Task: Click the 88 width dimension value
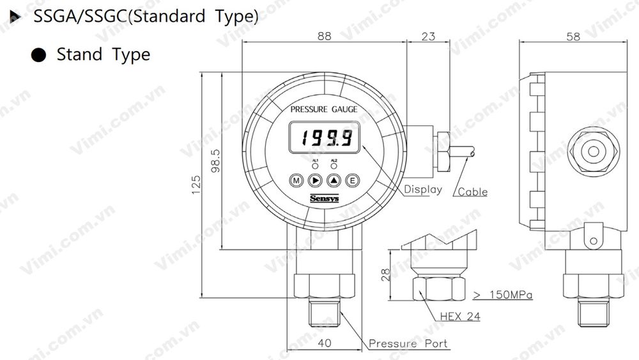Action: tap(325, 36)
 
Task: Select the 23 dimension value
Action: tap(428, 36)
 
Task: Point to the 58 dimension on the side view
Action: tap(573, 36)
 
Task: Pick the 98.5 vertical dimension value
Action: tap(215, 162)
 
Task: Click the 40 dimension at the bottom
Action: tap(324, 343)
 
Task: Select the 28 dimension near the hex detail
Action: tap(385, 275)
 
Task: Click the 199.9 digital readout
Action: tap(324, 138)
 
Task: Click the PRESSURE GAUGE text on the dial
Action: tap(324, 109)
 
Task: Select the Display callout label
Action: tap(422, 189)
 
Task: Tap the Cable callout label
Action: tap(473, 191)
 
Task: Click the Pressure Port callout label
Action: tap(408, 344)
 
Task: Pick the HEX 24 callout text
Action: tap(460, 316)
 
